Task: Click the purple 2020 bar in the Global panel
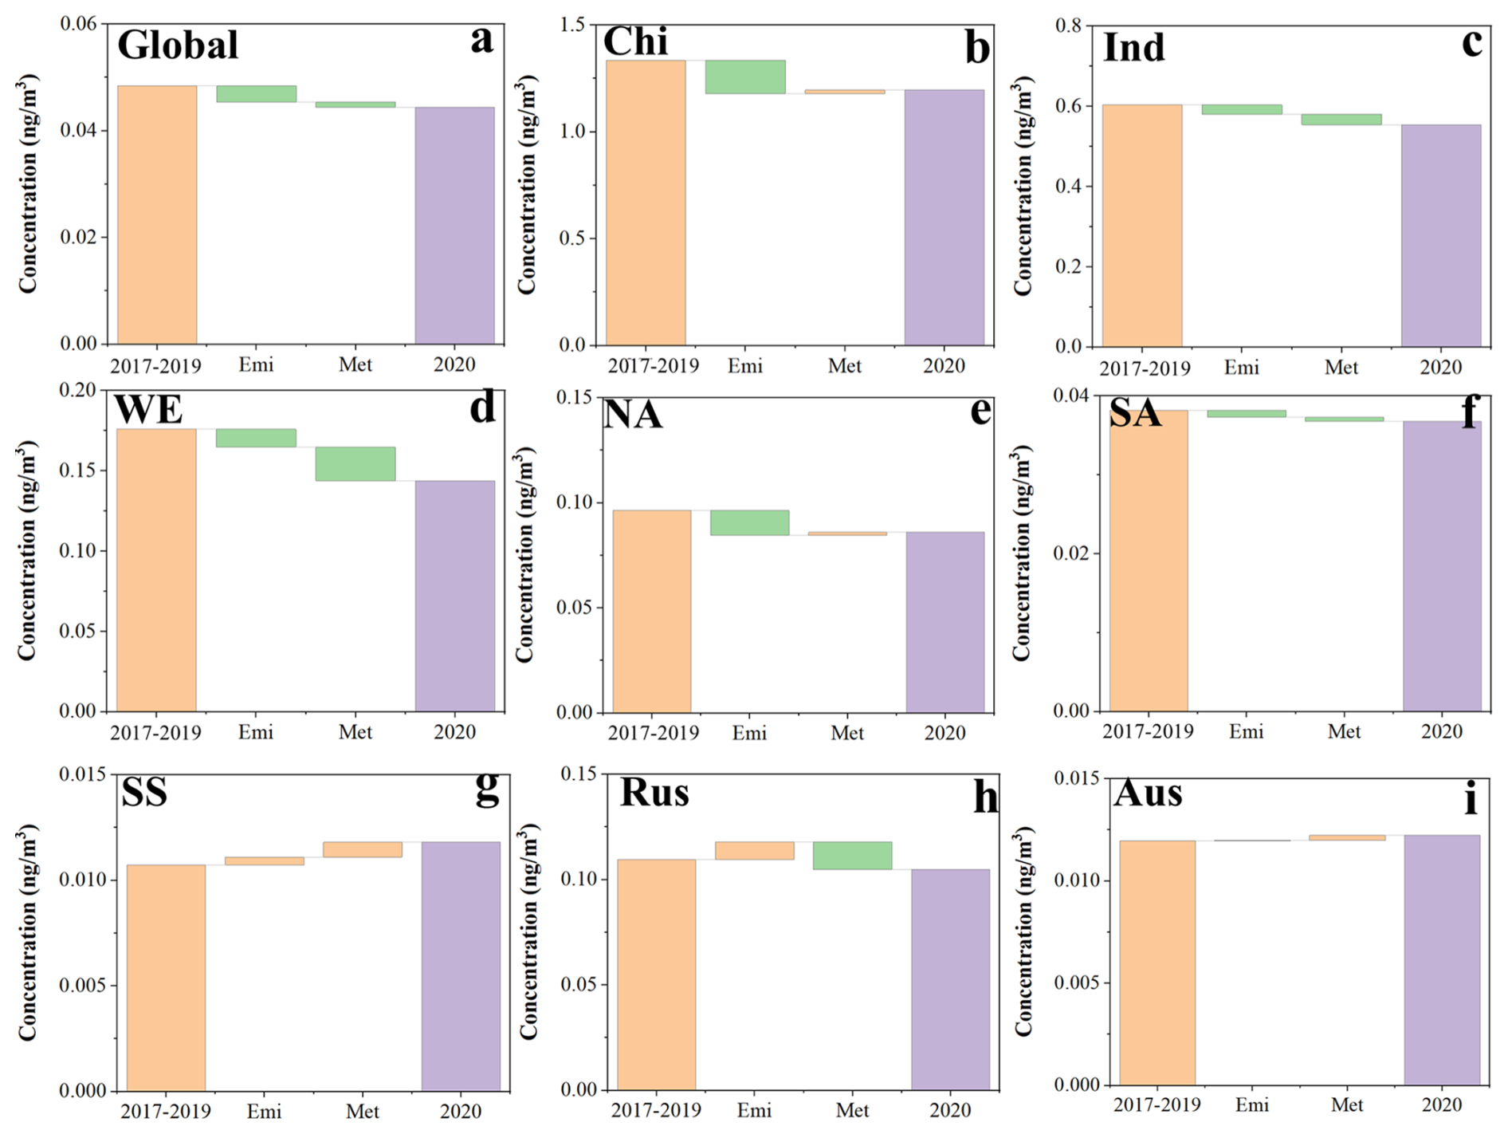coord(454,225)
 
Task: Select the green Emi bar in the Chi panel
coord(745,77)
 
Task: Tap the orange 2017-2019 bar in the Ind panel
coord(1141,225)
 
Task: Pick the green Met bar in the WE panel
coord(355,463)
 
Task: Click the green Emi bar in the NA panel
coord(749,522)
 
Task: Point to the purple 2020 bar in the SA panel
coord(1441,565)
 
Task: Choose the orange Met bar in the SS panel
coord(363,849)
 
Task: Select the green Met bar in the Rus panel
coord(852,855)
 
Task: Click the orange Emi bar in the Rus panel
coord(754,850)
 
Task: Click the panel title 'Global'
coord(178,45)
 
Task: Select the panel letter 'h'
coord(985,797)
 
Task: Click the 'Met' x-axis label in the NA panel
coord(846,732)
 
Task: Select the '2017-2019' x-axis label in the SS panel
coord(166,1111)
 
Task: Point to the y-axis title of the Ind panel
coord(1023,186)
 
